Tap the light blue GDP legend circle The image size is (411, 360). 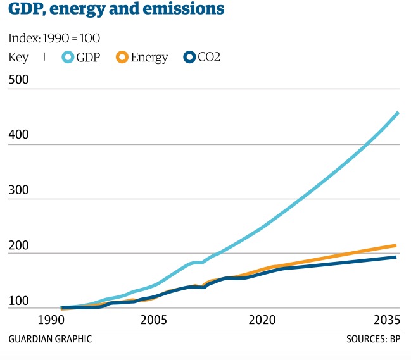coord(68,58)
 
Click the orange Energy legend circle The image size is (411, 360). coord(122,58)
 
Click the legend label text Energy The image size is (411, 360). coord(149,58)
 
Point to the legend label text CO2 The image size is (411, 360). coord(210,58)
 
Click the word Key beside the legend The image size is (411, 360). coord(19,58)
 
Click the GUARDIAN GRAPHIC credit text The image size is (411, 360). coord(50,339)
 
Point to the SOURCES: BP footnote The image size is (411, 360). coord(374,339)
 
